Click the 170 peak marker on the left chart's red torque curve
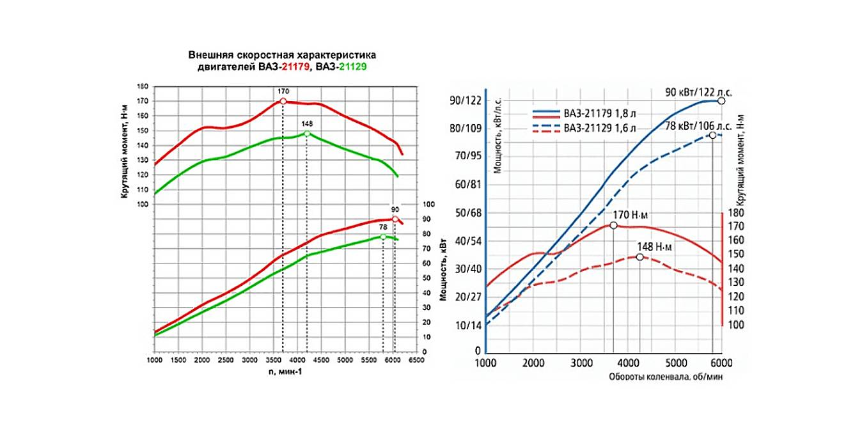pyautogui.click(x=283, y=101)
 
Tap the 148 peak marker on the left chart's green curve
pyautogui.click(x=307, y=133)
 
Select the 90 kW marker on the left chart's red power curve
pyautogui.click(x=395, y=219)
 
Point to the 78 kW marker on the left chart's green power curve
pyautogui.click(x=383, y=237)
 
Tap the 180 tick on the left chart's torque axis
pyautogui.click(x=143, y=86)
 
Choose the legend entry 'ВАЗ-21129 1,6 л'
pyautogui.click(x=599, y=129)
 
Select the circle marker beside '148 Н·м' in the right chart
pyautogui.click(x=639, y=256)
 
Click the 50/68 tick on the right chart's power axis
pyautogui.click(x=467, y=212)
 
